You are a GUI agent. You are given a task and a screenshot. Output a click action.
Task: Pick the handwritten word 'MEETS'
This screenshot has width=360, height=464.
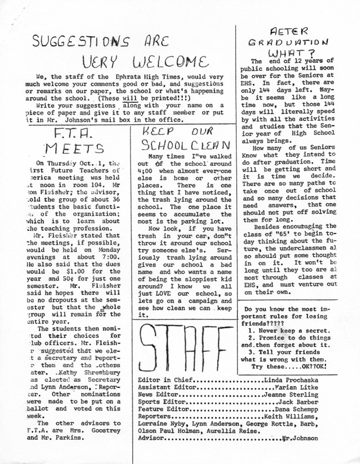pos(69,149)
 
